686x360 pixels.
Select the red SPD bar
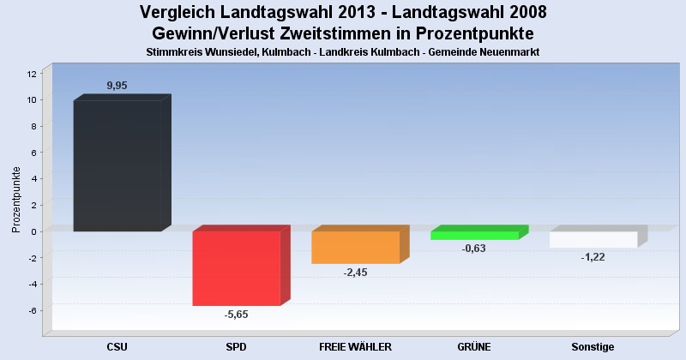(237, 268)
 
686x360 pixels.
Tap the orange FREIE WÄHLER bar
(356, 247)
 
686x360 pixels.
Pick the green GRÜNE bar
(475, 235)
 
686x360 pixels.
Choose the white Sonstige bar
(593, 239)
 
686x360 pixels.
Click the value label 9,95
(118, 86)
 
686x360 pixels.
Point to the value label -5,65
(236, 315)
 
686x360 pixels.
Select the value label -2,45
(355, 273)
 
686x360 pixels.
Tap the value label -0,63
(474, 249)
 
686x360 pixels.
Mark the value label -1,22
(593, 257)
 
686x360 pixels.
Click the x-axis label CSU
(117, 347)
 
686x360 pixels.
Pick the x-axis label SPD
(236, 347)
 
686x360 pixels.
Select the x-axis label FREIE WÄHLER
(355, 347)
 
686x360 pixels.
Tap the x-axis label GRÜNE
(474, 347)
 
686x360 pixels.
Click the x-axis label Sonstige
(593, 347)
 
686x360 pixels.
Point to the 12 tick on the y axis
(32, 74)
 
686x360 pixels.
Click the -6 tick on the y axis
(32, 310)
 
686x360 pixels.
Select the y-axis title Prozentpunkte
(16, 199)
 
